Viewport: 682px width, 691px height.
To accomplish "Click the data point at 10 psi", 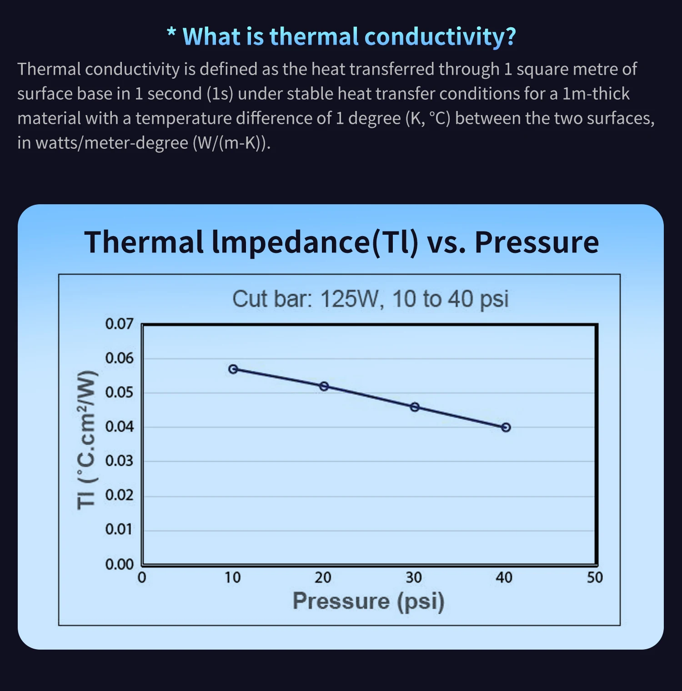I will (233, 369).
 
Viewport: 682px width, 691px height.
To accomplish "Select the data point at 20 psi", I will (324, 386).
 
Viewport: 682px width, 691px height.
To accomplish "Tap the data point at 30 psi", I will (415, 407).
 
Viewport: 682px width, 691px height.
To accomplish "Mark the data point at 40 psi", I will (506, 427).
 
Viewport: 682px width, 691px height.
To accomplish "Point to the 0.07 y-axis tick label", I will (119, 324).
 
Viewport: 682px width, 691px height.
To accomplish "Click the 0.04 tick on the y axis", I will (119, 427).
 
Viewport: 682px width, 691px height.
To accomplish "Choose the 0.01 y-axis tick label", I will (119, 529).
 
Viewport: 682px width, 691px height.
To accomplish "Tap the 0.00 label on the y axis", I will (119, 564).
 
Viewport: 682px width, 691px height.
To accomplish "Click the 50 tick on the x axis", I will (595, 578).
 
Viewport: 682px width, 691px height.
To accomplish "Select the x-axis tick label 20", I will (323, 578).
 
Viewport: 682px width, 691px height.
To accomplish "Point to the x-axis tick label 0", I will (142, 578).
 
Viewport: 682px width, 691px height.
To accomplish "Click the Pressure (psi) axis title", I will (368, 601).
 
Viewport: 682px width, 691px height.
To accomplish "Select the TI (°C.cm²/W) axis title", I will (86, 440).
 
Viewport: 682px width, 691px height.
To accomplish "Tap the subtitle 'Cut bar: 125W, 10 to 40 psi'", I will (370, 299).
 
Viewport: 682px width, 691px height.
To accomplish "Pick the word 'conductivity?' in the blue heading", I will (440, 36).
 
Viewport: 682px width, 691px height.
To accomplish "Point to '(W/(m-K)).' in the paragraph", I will (231, 143).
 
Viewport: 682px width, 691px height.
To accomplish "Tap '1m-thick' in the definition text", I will (596, 94).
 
